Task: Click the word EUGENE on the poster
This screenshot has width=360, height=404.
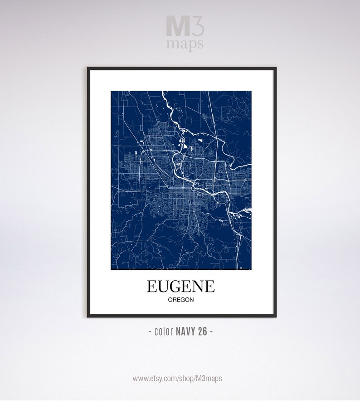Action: coord(180,286)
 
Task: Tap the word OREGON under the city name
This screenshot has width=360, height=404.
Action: coord(181,300)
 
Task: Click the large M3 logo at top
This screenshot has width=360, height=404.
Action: coord(185,27)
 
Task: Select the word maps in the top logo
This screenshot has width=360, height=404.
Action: coord(185,44)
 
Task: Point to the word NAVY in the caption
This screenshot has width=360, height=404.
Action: coord(185,331)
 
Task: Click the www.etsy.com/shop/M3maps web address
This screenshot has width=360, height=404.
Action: coord(177,378)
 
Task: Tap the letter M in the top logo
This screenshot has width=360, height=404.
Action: coord(175,27)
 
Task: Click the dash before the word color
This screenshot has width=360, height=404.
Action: coord(151,331)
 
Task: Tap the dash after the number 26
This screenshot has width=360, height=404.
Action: coord(211,331)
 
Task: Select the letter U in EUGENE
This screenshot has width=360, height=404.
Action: coord(163,286)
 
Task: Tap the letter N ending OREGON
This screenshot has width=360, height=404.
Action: coord(192,300)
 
